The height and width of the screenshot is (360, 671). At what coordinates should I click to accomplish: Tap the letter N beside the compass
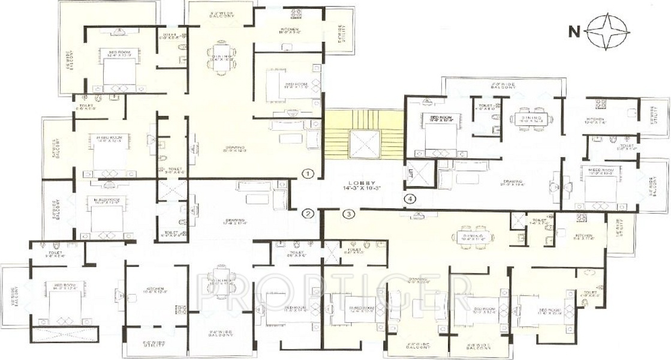click(x=573, y=30)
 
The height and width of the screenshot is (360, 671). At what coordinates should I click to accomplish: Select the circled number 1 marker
click(x=308, y=174)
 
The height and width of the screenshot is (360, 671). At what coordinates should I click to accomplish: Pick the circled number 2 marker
click(x=308, y=213)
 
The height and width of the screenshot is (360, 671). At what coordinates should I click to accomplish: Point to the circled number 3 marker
click(x=349, y=213)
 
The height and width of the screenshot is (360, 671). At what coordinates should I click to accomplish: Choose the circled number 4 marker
click(x=410, y=198)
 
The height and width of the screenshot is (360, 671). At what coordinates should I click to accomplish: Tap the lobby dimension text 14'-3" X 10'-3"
click(x=363, y=189)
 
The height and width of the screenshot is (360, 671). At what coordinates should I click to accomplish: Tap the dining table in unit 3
click(x=477, y=235)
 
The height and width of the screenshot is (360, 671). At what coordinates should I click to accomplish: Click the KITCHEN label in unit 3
click(x=583, y=236)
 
